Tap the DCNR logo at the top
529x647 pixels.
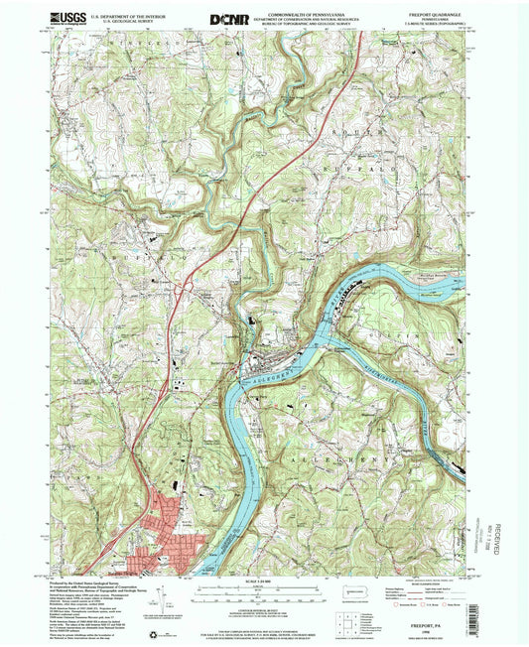[x=231, y=19]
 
